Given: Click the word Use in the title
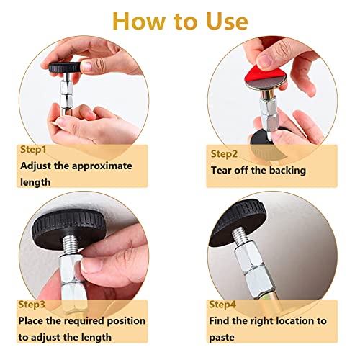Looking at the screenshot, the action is click(x=227, y=21).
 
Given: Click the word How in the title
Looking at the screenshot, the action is click(x=138, y=21).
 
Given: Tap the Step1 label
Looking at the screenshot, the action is click(x=33, y=150).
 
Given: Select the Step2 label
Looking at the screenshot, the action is click(x=224, y=154).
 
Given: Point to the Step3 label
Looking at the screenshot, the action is click(x=32, y=305).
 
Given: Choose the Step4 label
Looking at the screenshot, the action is click(x=222, y=305).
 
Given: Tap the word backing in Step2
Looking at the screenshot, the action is click(x=287, y=171).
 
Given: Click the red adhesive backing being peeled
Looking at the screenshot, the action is click(x=255, y=73).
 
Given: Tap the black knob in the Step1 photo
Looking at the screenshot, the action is click(x=65, y=68).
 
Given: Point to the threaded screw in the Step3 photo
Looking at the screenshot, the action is click(x=70, y=244).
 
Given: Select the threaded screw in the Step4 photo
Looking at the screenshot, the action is click(x=240, y=235).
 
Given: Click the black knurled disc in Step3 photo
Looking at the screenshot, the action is click(x=68, y=228).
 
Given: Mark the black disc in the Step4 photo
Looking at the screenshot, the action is click(x=238, y=222).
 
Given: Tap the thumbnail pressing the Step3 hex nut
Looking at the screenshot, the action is click(x=87, y=266).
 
